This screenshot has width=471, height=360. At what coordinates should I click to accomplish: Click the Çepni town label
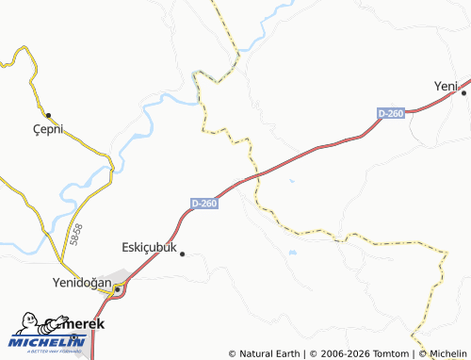tap(45, 130)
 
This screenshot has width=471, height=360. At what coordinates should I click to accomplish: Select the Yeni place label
tap(445, 86)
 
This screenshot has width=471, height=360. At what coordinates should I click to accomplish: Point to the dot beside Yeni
tap(463, 92)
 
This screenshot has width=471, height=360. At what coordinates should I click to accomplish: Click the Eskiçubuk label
tap(150, 247)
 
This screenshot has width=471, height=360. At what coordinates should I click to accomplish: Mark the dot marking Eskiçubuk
tap(183, 253)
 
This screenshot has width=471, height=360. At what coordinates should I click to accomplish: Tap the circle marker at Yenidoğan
tap(117, 289)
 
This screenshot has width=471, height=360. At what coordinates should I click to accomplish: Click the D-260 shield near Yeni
tap(390, 113)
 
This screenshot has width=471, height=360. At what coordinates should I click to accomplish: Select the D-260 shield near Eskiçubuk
tap(204, 203)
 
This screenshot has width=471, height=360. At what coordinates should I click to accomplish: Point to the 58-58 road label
tap(75, 235)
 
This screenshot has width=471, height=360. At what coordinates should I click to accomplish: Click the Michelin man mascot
tap(28, 323)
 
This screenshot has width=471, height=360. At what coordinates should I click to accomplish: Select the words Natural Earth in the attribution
tap(268, 353)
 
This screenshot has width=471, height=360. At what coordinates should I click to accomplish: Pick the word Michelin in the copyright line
tap(449, 353)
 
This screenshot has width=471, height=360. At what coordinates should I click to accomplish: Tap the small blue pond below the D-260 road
tap(292, 181)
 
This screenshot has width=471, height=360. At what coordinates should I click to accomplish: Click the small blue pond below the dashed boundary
tap(290, 253)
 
